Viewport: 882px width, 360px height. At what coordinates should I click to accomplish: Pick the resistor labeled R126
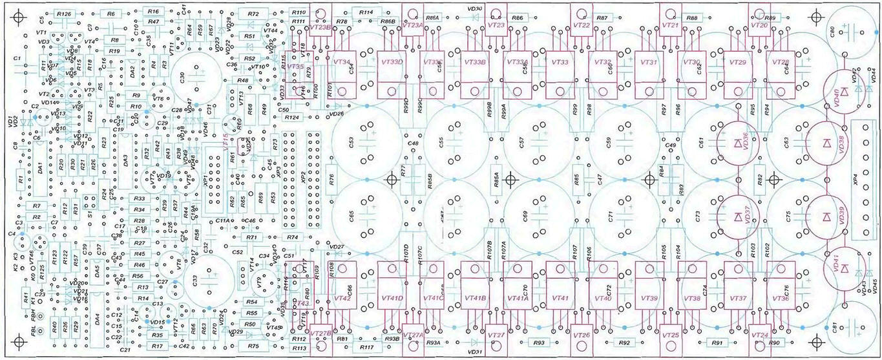click(x=63, y=13)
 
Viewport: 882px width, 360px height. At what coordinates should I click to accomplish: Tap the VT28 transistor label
click(x=781, y=62)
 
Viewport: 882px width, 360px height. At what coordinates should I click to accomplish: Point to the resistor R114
click(x=366, y=12)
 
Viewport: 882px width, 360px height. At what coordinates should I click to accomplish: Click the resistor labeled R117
click(x=366, y=348)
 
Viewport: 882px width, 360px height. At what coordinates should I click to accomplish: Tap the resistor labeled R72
click(x=253, y=13)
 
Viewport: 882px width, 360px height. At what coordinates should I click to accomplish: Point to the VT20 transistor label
click(x=759, y=25)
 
